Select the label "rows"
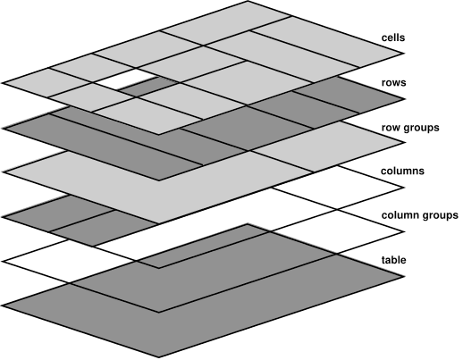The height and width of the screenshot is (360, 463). [394, 83]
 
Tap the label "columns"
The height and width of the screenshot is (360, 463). [401, 170]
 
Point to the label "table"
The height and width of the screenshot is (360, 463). [394, 259]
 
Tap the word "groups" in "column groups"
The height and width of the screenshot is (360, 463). [441, 216]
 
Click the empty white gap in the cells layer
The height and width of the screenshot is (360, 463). [125, 84]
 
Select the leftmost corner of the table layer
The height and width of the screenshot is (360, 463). [3, 303]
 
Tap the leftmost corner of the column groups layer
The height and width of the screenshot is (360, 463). [3, 259]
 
